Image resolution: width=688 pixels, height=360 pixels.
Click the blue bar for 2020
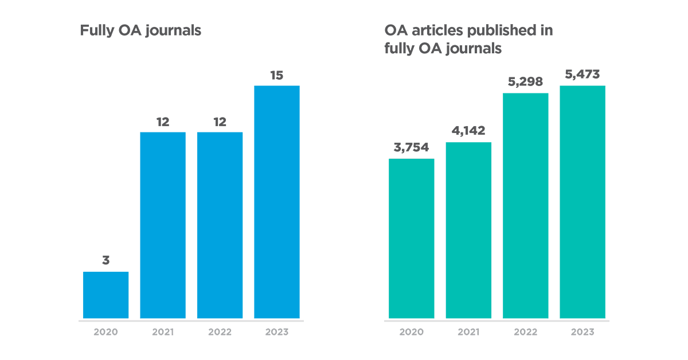(105, 295)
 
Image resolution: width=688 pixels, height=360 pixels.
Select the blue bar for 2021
(163, 225)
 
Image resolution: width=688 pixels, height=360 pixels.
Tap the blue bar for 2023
(277, 202)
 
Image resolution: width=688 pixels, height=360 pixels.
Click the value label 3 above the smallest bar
(105, 260)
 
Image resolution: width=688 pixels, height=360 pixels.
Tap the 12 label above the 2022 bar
(220, 122)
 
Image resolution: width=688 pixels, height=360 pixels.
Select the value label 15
(277, 75)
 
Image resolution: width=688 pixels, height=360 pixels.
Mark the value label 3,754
(411, 148)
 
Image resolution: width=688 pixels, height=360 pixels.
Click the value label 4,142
(468, 131)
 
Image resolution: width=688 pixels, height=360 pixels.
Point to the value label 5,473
(583, 75)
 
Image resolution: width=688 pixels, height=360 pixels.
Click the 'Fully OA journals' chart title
(140, 30)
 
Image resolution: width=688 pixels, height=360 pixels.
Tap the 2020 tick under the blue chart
(105, 332)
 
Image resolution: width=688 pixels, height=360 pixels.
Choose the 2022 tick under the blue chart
(220, 332)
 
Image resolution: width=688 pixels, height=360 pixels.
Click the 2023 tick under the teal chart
(583, 332)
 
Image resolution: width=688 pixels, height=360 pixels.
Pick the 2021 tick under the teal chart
(468, 332)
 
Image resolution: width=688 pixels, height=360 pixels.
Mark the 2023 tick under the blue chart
(277, 332)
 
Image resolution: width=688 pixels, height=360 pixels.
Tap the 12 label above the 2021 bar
(163, 122)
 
